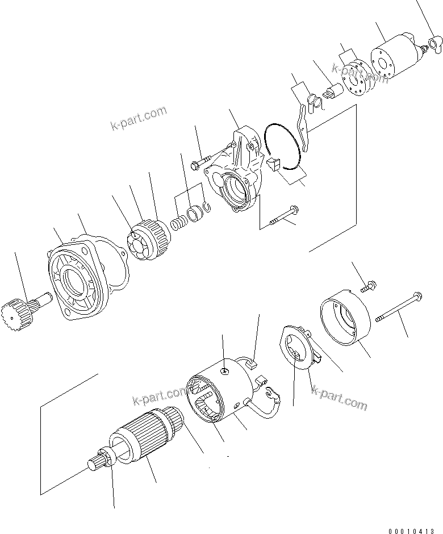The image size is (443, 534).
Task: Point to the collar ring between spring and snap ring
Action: [195, 215]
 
